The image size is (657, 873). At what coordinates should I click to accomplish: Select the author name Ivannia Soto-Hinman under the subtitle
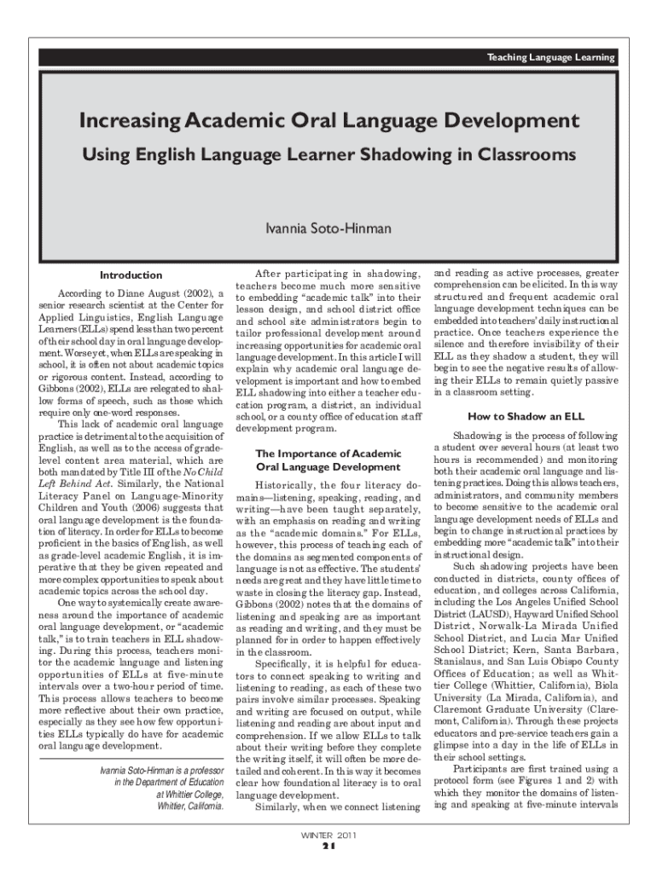point(328,228)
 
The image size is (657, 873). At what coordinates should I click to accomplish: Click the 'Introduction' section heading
point(131,275)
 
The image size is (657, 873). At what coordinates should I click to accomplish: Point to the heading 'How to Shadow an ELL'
point(526,417)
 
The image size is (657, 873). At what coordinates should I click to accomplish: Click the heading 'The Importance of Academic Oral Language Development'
point(328,460)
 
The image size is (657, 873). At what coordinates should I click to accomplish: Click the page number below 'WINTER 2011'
point(328,847)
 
